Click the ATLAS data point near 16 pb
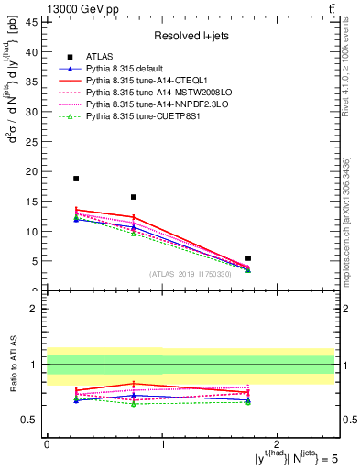pos(134,197)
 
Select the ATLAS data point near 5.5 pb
pos(248,258)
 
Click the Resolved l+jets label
pos(191,36)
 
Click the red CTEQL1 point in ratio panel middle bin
pos(134,383)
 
